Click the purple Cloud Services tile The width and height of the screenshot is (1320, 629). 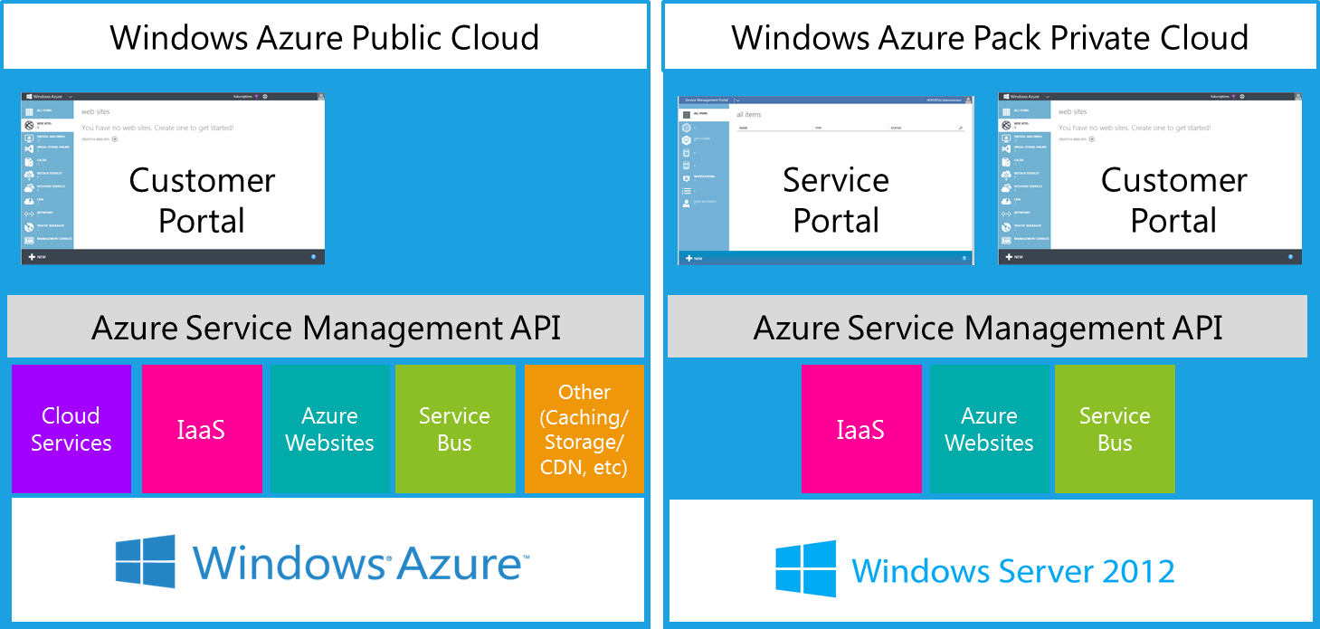(71, 429)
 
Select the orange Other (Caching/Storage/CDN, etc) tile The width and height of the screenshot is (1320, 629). (584, 429)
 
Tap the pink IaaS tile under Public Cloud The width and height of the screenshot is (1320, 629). (201, 429)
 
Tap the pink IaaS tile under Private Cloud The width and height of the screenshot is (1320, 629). (860, 429)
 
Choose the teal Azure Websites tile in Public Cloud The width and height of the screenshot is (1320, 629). (329, 429)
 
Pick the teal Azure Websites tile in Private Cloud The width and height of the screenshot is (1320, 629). (989, 429)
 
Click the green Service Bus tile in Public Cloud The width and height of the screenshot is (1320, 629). (454, 429)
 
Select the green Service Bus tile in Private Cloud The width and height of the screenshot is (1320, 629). (1115, 429)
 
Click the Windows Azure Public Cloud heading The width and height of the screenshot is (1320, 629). (324, 37)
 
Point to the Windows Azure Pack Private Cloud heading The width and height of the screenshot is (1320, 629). (990, 37)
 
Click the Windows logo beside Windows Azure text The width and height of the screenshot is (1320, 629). (145, 561)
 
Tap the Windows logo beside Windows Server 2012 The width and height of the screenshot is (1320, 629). (805, 570)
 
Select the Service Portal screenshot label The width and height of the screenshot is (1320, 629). (836, 200)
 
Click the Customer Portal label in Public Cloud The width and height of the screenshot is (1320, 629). (202, 200)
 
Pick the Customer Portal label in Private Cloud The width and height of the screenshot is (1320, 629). (1173, 200)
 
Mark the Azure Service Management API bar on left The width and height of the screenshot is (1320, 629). (326, 327)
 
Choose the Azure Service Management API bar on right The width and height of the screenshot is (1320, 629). (987, 327)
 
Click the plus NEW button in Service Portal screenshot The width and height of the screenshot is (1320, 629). (694, 258)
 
